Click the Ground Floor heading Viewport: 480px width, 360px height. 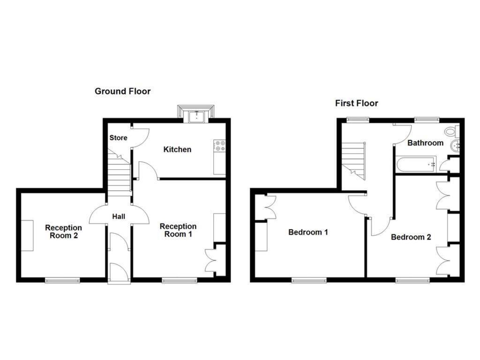pos(123,91)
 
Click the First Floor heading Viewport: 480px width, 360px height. pos(356,103)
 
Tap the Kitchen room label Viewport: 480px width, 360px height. pos(177,150)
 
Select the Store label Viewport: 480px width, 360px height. pos(118,138)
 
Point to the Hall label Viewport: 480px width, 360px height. pos(119,217)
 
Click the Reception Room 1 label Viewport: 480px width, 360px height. pos(178,230)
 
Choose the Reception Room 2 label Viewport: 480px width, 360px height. pos(63,232)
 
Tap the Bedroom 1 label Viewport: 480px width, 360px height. pos(308,232)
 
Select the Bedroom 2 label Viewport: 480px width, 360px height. pos(411,237)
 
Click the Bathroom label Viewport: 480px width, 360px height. pos(425,143)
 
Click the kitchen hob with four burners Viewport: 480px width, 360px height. pos(219,146)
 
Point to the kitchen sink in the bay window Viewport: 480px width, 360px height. pos(196,116)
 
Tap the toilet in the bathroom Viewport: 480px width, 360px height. pos(452,131)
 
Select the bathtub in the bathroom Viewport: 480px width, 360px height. pos(416,165)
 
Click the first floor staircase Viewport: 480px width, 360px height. pos(353,159)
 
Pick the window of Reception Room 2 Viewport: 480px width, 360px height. pos(62,280)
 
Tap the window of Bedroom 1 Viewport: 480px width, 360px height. pos(309,280)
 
